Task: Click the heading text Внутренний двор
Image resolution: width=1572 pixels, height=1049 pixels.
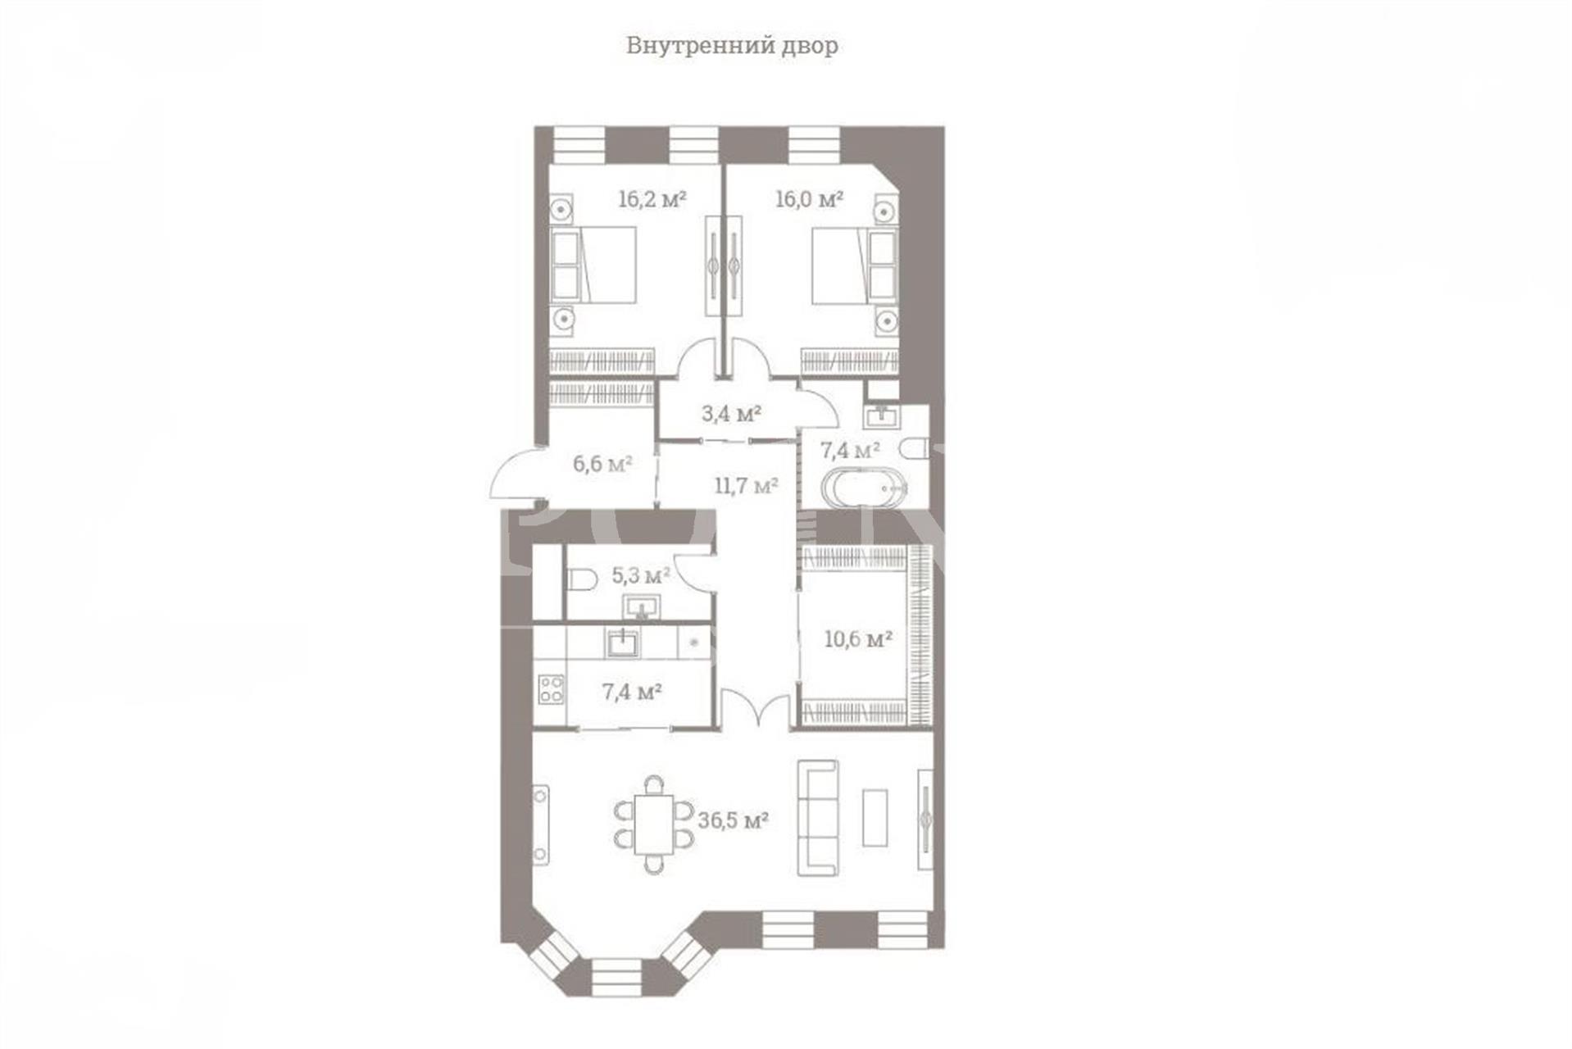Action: (x=732, y=45)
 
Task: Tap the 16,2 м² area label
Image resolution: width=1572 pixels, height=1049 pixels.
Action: (x=652, y=198)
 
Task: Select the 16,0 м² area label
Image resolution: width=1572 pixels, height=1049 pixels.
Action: (x=810, y=198)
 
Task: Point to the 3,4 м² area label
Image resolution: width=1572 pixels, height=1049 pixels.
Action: (x=731, y=413)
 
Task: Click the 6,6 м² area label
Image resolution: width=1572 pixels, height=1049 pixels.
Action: (x=602, y=464)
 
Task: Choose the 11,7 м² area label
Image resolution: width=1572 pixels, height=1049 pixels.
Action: (x=746, y=486)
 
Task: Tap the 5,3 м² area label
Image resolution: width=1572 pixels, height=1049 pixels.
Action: (x=641, y=575)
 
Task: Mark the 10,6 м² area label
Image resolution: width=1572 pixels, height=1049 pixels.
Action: (x=858, y=638)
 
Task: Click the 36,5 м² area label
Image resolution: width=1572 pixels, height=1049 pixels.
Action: (x=733, y=820)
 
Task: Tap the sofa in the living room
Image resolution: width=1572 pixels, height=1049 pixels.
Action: (x=818, y=818)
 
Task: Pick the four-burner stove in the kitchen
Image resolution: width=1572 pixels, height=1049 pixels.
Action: (x=551, y=689)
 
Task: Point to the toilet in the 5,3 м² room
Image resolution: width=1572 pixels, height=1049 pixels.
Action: (x=581, y=580)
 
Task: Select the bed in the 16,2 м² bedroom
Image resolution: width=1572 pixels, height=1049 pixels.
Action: (x=594, y=264)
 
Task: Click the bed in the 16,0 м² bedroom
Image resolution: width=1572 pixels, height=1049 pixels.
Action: (x=855, y=266)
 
